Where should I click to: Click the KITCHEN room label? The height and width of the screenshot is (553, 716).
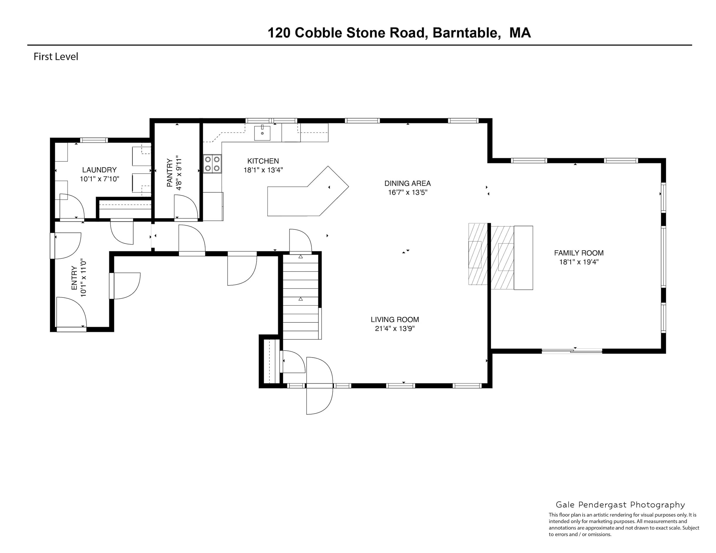pos(263,161)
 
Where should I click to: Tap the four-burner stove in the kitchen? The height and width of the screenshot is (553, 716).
pos(212,164)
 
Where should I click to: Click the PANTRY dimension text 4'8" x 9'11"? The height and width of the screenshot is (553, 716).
pos(179,173)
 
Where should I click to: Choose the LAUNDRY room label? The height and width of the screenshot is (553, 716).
pos(99,170)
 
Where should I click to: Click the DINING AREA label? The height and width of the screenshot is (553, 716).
pos(408,183)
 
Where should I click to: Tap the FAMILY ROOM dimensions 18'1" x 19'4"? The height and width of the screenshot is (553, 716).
pos(579,262)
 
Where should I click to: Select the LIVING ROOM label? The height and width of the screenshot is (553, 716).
pos(395,319)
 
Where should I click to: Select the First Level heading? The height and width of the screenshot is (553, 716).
pos(56,57)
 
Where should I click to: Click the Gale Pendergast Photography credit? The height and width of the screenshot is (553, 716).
pos(620,505)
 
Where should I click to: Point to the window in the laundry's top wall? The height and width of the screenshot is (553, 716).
pos(94,140)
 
